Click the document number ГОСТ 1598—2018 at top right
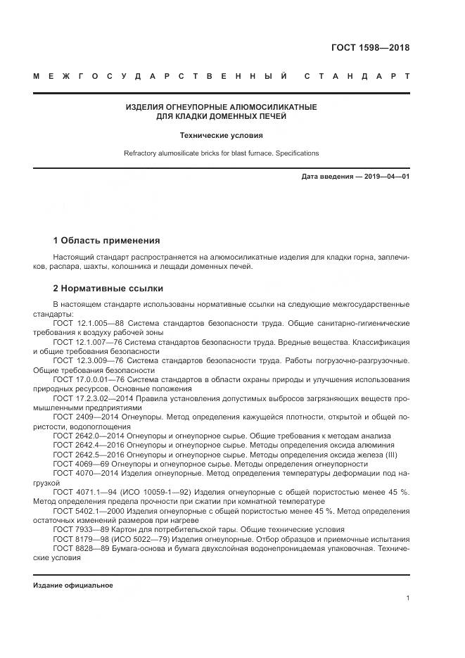coord(370,49)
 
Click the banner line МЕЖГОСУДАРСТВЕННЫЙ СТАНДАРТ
coord(222,76)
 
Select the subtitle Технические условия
coord(221,135)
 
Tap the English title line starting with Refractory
coord(221,153)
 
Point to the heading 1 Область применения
coord(106,240)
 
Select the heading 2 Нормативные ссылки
coord(108,289)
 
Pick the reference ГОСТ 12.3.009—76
coord(89,360)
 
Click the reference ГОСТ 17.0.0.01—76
coord(91,379)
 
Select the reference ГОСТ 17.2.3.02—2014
coord(94,398)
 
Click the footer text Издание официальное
coord(73,586)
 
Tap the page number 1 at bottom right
coord(407,598)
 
